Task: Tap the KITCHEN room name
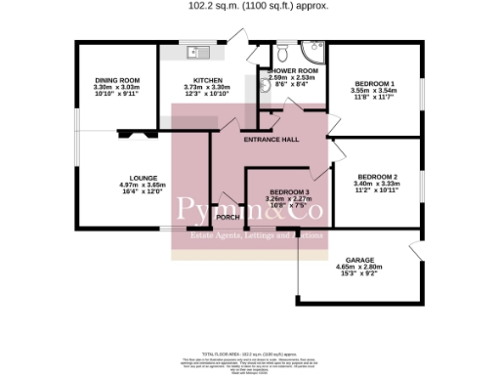[x=208, y=80]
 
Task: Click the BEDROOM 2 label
[x=378, y=176]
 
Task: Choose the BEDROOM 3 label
[x=289, y=191]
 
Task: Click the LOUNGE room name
[x=116, y=178]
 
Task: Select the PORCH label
[x=228, y=217]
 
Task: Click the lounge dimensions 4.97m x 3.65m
[x=116, y=186]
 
